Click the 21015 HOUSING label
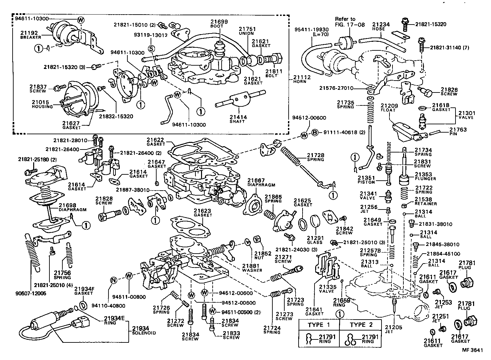click(42, 104)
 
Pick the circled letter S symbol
click(151, 48)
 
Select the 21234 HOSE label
click(381, 27)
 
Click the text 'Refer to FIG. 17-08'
click(345, 22)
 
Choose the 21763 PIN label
click(458, 132)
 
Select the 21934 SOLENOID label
click(143, 330)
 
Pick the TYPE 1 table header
click(319, 325)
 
